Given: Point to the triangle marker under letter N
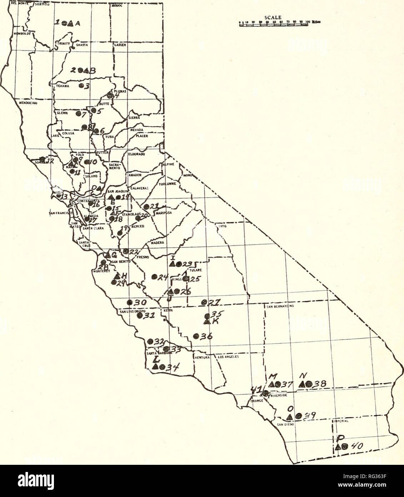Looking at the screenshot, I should pyautogui.click(x=302, y=384).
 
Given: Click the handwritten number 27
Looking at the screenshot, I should pyautogui.click(x=214, y=302).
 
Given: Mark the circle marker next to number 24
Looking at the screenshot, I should pyautogui.click(x=154, y=276).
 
